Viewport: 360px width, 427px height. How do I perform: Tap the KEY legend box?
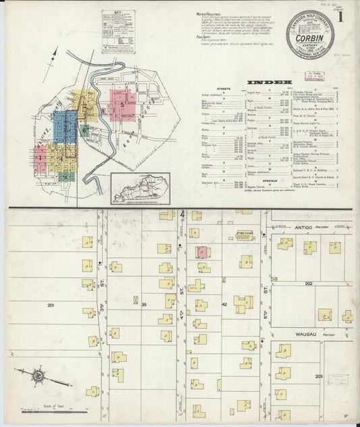tap(118, 31)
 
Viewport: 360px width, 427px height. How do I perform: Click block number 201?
tap(52, 305)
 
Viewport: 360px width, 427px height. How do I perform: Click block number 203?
tap(319, 376)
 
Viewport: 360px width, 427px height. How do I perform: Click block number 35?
tap(143, 305)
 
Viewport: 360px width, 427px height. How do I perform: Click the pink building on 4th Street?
tap(202, 253)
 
